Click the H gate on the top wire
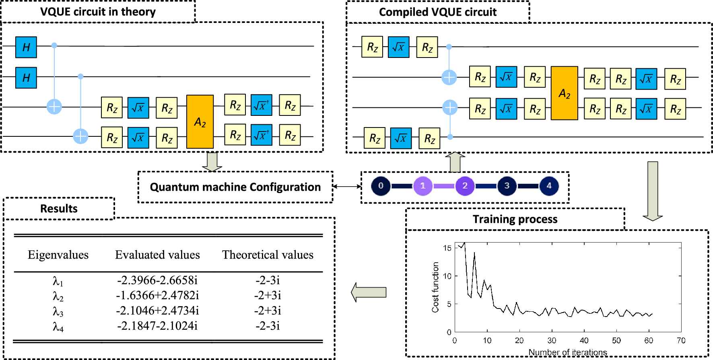[26, 47]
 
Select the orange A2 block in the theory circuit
[200, 121]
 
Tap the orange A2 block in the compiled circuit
[564, 93]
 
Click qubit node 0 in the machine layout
[381, 186]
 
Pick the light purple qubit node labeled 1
[422, 186]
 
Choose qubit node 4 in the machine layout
[549, 186]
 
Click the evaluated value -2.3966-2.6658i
[157, 280]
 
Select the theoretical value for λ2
[268, 295]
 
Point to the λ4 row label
[58, 326]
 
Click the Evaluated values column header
[157, 255]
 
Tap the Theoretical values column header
[268, 255]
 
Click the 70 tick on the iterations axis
[681, 341]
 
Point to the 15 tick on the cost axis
[447, 248]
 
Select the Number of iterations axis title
[567, 352]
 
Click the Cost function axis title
[435, 287]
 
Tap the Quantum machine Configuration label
[235, 187]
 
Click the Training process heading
[515, 219]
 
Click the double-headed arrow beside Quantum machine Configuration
[347, 186]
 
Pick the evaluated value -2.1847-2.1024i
[157, 326]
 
